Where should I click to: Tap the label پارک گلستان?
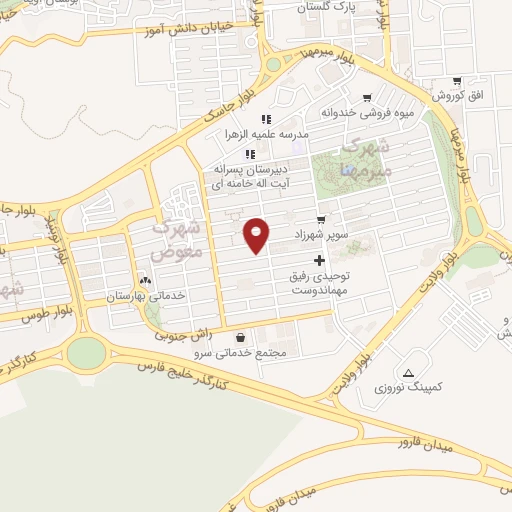point(329,7)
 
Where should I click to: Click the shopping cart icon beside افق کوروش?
point(457,81)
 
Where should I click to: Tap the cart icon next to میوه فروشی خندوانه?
point(367,98)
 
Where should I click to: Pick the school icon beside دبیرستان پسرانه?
point(250,154)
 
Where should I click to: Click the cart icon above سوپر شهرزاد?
point(320,220)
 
